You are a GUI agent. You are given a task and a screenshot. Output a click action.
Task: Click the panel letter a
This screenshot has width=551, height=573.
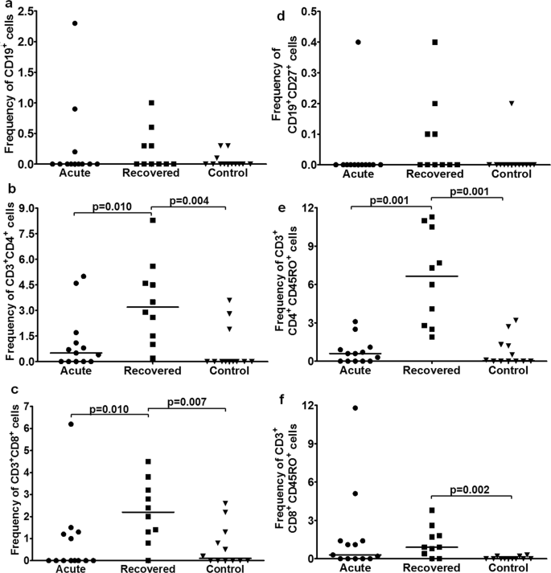pos(6,6)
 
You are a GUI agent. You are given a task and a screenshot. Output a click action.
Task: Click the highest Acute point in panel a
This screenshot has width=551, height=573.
pos(75,23)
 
